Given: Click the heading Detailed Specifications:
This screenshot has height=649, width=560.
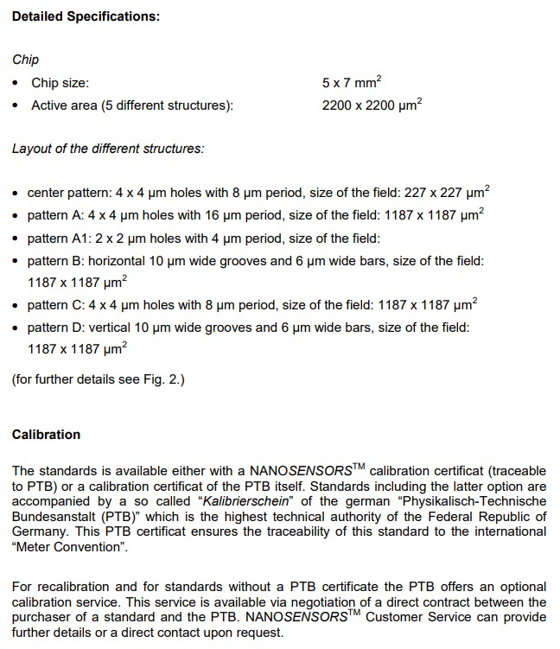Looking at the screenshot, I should [86, 17].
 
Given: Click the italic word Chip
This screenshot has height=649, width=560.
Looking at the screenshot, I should [25, 60].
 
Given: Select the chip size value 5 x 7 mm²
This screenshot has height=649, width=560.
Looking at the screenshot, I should [351, 83].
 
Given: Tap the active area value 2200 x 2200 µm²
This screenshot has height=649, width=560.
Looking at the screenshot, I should [372, 105].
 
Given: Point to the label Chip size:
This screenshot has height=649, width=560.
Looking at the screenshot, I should [60, 83].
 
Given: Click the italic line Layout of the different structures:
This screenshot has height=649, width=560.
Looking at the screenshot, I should [108, 149].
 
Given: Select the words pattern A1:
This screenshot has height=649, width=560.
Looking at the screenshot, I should [60, 238].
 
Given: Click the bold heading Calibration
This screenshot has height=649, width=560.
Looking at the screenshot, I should [46, 435].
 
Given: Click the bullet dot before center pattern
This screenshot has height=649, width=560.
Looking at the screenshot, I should [16, 193].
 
